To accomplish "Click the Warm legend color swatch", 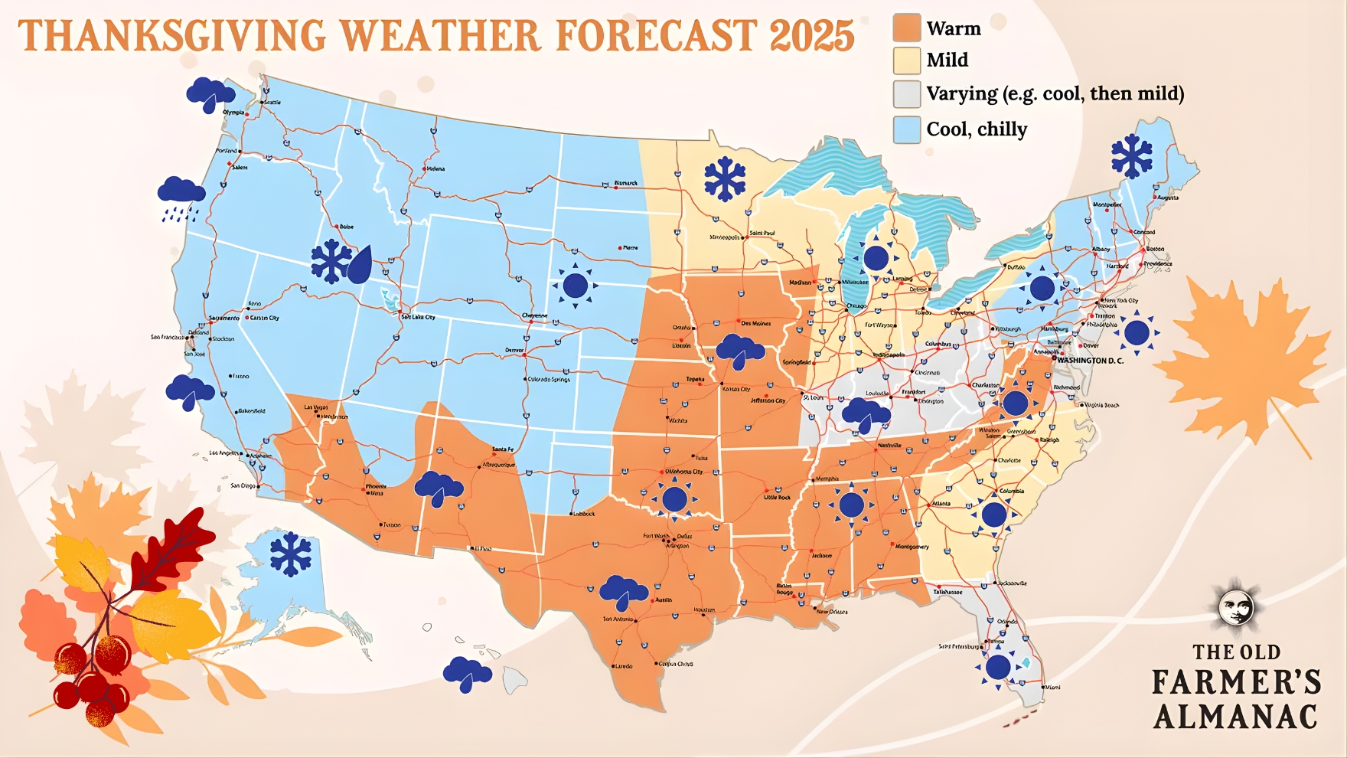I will [907, 28].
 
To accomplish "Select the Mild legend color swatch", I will [907, 60].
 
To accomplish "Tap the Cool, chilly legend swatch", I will [907, 129].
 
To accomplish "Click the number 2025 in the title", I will [812, 36].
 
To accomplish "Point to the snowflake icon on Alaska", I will [290, 554].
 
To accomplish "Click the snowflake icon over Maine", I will [1132, 156].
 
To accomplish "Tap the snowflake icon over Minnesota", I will [724, 180].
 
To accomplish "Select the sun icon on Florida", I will [998, 668].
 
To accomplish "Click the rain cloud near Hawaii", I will [467, 674].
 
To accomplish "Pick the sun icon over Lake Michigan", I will [876, 258].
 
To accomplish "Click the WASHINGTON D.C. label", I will [1090, 360].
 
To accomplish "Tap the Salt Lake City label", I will [418, 317].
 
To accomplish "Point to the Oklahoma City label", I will [683, 472].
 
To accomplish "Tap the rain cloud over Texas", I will [624, 592].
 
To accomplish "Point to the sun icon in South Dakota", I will [575, 286].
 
